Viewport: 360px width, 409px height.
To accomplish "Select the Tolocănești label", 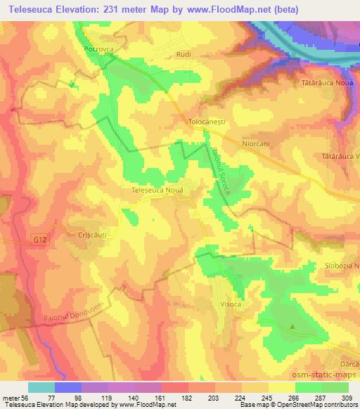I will coord(206,121).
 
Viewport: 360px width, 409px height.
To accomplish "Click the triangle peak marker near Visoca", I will coord(292,326).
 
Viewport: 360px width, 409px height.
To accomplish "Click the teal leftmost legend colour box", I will coord(41,387).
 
